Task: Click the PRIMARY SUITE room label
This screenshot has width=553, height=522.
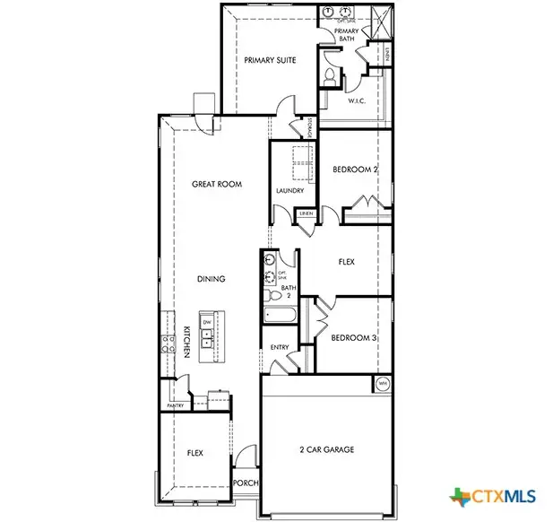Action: [x=270, y=61]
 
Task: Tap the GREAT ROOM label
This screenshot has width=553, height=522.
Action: [x=217, y=184]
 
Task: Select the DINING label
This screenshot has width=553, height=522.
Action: [x=212, y=279]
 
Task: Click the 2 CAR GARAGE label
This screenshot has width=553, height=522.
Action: [x=327, y=448]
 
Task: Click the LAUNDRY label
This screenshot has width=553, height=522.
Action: [x=289, y=190]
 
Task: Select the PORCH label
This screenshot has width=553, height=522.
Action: [x=246, y=483]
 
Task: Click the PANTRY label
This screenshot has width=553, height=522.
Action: [x=175, y=405]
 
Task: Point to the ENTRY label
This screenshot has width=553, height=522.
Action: [x=279, y=347]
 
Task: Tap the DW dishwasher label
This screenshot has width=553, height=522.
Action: [x=207, y=322]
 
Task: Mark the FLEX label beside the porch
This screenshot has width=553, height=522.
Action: [x=194, y=454]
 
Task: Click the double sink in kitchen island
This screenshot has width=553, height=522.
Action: [x=207, y=338]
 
